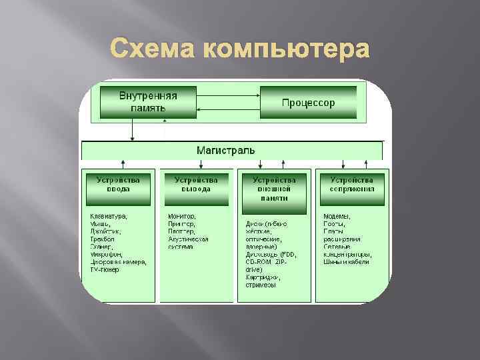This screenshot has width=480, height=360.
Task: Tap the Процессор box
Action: pyautogui.click(x=308, y=103)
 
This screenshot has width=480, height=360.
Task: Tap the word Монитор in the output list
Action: pyautogui.click(x=182, y=216)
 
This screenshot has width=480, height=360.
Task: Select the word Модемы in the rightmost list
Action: pyautogui.click(x=337, y=216)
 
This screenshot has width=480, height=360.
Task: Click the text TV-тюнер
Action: pyautogui.click(x=105, y=269)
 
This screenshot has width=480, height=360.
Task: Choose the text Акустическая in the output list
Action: pyautogui.click(x=189, y=239)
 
